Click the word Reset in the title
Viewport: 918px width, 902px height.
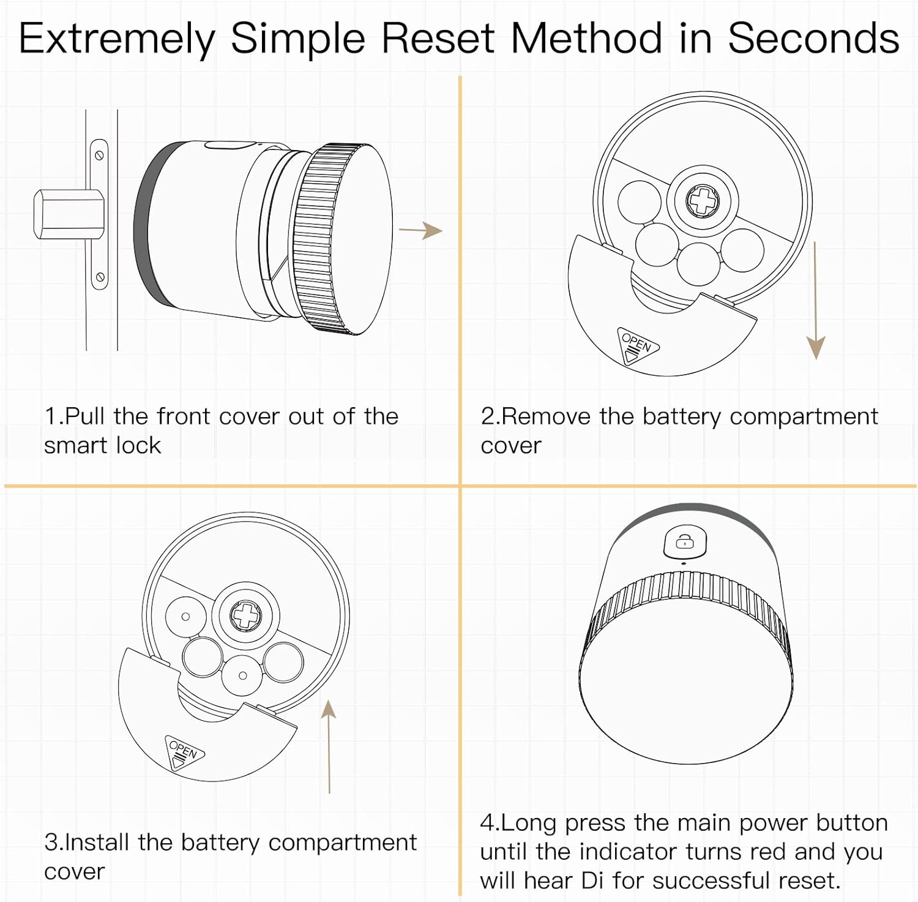pos(437,38)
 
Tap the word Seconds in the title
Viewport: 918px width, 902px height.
pos(813,38)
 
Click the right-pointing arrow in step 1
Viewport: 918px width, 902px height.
pos(420,230)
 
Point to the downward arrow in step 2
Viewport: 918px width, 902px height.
pos(815,300)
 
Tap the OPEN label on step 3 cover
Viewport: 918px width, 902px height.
pos(184,751)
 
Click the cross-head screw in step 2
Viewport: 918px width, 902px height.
pos(703,201)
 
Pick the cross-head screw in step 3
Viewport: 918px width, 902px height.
pos(245,615)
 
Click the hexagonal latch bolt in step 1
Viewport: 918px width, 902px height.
pos(67,214)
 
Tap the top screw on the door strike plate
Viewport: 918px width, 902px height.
pos(99,155)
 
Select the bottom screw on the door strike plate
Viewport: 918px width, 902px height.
pos(99,278)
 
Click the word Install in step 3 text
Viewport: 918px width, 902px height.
pos(98,843)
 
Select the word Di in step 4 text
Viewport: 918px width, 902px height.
pos(592,881)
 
